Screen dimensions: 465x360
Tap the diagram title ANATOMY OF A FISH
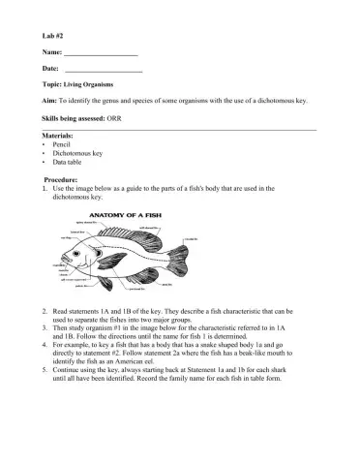123,214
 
